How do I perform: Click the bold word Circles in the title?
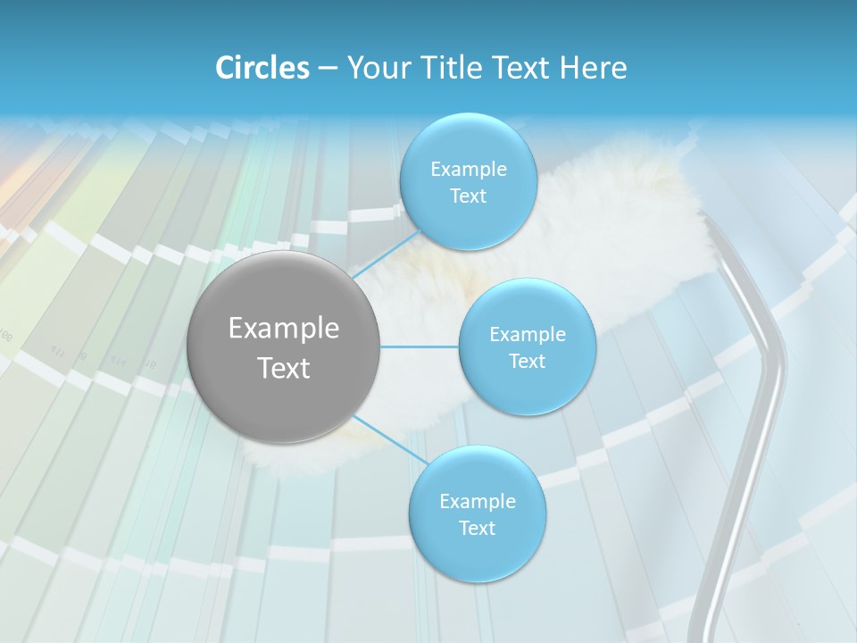[262, 68]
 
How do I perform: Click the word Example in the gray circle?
[284, 329]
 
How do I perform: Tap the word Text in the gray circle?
[284, 368]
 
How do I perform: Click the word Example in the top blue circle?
[469, 169]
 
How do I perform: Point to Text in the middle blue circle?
[527, 361]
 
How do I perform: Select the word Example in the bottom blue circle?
[478, 501]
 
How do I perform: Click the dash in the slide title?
[328, 69]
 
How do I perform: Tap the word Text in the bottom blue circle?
[478, 528]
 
